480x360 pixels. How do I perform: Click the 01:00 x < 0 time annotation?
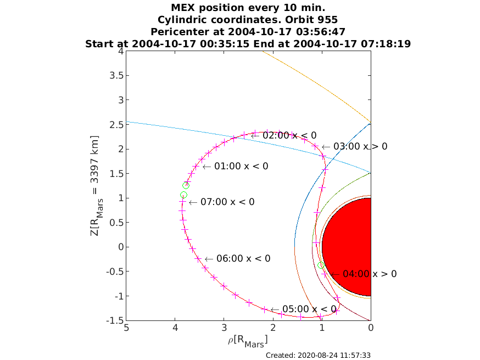click(x=241, y=166)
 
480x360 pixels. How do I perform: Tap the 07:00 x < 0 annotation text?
click(x=227, y=202)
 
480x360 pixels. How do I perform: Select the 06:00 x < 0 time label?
click(x=243, y=258)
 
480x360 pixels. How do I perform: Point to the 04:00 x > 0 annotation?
click(x=370, y=274)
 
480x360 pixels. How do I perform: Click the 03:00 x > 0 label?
click(x=360, y=146)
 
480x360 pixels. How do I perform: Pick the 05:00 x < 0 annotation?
click(x=309, y=309)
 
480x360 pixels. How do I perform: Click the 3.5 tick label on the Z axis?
click(x=116, y=75)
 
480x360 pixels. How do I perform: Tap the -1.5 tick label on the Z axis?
click(x=115, y=320)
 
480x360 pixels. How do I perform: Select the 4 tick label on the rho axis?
click(x=175, y=328)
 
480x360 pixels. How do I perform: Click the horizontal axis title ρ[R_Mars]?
click(x=248, y=341)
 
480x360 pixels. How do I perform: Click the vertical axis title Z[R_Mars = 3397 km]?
click(x=96, y=186)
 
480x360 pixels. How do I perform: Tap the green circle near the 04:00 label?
click(x=321, y=265)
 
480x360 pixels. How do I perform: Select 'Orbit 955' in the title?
click(x=311, y=20)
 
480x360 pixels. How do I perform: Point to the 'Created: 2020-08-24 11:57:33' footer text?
click(x=318, y=356)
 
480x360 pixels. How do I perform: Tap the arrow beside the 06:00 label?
click(x=209, y=259)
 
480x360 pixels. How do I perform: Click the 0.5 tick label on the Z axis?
click(x=116, y=223)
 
